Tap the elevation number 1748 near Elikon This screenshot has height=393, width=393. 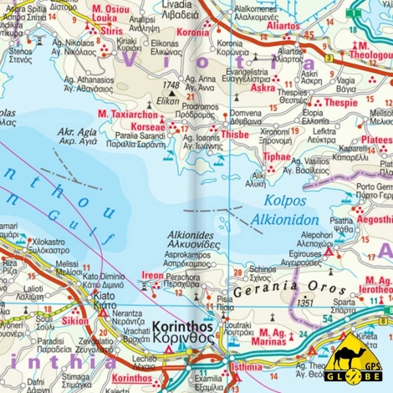point(172,85)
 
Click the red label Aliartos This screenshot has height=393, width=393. point(282,26)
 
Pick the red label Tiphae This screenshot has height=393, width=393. point(277,156)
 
